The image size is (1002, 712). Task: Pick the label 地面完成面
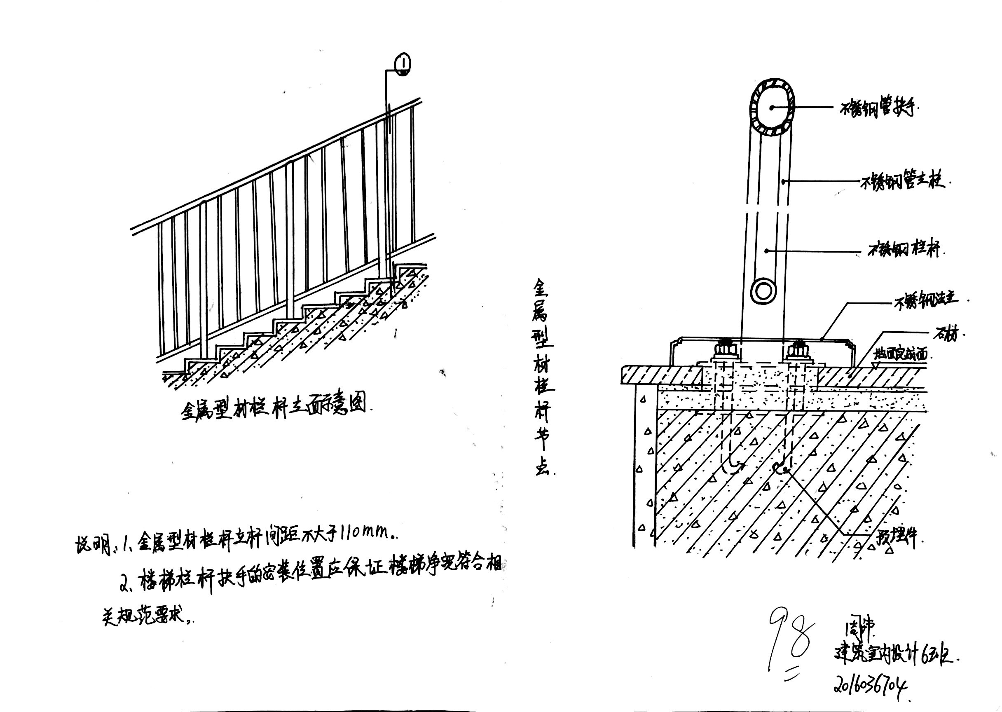pyautogui.click(x=901, y=354)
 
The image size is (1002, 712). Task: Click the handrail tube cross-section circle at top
pyautogui.click(x=772, y=108)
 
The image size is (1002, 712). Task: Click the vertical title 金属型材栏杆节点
pyautogui.click(x=543, y=377)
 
